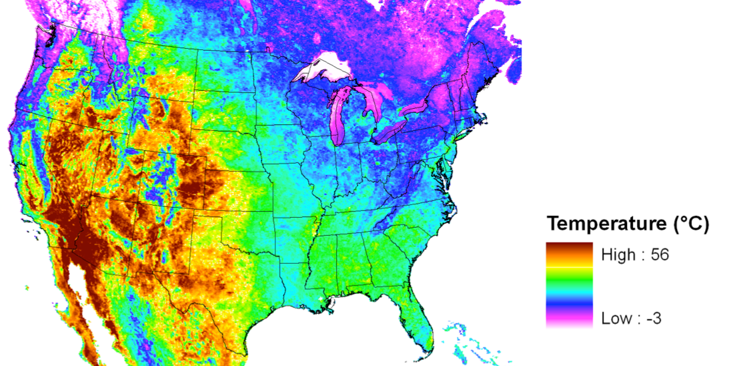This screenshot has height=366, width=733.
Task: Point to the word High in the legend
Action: (x=618, y=254)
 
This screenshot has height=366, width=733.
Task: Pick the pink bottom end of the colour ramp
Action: (x=569, y=323)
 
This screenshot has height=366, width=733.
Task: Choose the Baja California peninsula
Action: (x=73, y=301)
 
